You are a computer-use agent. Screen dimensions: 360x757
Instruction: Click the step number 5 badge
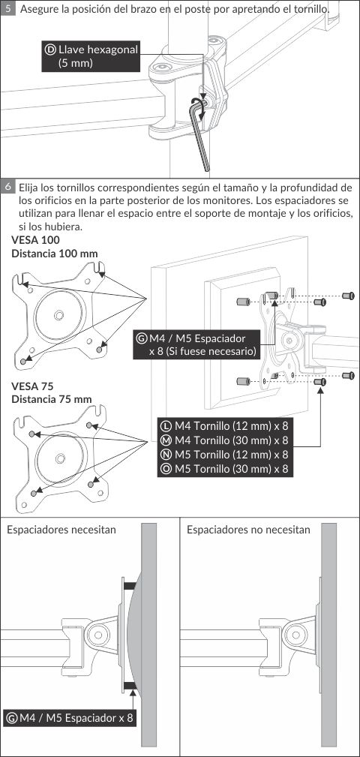pyautogui.click(x=7, y=9)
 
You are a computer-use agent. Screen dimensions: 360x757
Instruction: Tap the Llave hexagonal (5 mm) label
pyautogui.click(x=90, y=56)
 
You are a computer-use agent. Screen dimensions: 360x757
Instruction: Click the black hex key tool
pyautogui.click(x=199, y=133)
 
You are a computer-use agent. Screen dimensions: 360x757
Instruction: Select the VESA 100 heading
pyautogui.click(x=36, y=240)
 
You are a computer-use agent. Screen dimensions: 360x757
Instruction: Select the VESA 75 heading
pyautogui.click(x=32, y=386)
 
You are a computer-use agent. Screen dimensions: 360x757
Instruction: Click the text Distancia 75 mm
pyautogui.click(x=52, y=399)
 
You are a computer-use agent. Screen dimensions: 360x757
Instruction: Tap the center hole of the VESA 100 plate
pyautogui.click(x=58, y=315)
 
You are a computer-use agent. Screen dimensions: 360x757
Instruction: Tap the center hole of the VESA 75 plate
pyautogui.click(x=60, y=457)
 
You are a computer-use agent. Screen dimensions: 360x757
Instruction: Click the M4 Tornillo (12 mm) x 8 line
pyautogui.click(x=225, y=426)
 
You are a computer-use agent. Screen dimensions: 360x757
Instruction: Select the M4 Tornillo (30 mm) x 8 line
pyautogui.click(x=225, y=440)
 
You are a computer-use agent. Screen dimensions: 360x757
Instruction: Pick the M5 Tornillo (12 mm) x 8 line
pyautogui.click(x=225, y=455)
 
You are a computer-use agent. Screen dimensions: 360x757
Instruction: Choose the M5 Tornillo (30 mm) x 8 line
pyautogui.click(x=225, y=468)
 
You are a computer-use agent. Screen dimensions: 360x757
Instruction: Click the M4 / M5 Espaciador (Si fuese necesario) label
pyautogui.click(x=197, y=344)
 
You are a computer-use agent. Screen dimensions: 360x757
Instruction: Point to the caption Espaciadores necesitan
pyautogui.click(x=61, y=530)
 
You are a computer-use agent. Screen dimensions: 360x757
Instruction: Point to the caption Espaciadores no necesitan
pyautogui.click(x=248, y=530)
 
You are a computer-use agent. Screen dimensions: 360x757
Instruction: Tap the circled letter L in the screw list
pyautogui.click(x=166, y=426)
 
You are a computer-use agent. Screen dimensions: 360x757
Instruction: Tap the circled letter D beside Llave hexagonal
pyautogui.click(x=50, y=50)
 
